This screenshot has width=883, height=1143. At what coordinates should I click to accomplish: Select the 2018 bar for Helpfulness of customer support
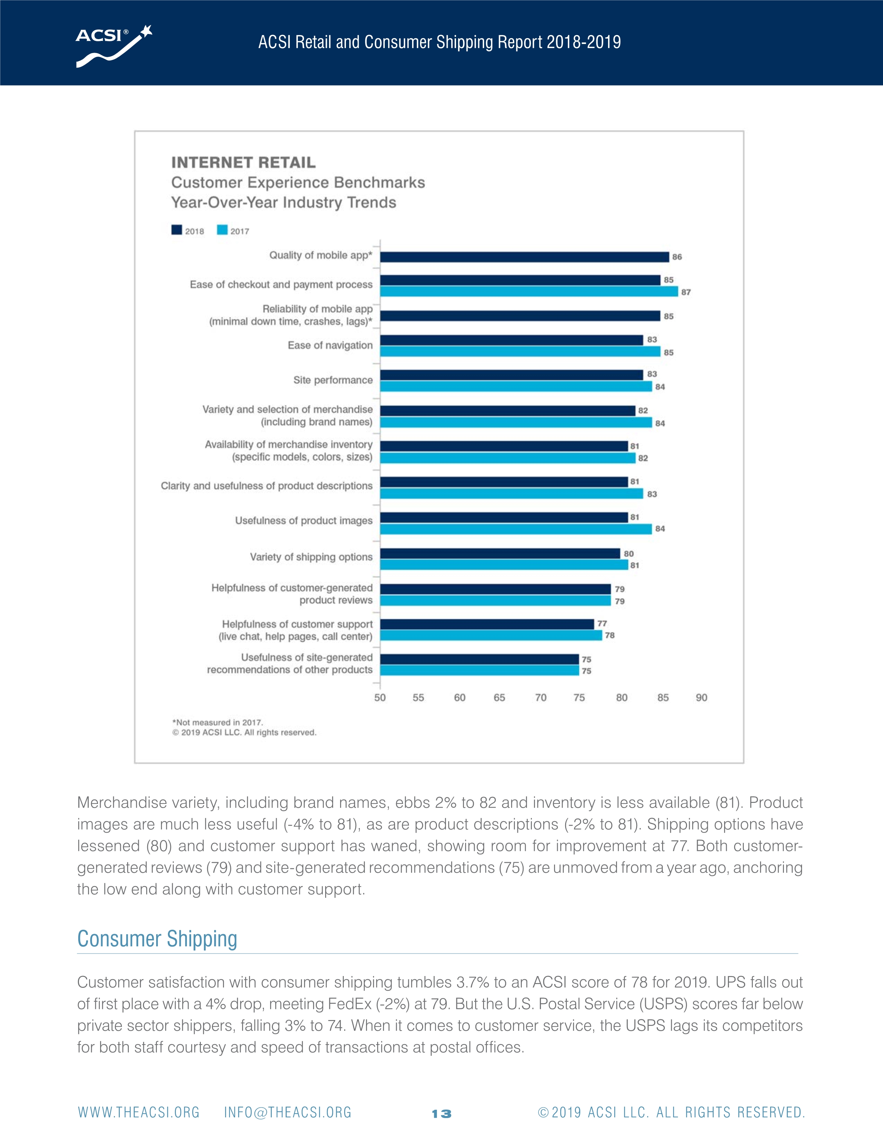coord(487,624)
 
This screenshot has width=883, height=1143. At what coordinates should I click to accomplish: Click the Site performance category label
coord(333,380)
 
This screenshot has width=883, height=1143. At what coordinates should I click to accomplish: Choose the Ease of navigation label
coord(330,345)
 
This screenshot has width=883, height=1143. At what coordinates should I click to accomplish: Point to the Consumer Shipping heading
coord(157,939)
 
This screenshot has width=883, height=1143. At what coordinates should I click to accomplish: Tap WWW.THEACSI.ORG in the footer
coord(139,1113)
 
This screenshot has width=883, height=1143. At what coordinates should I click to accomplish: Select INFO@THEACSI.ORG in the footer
coord(288,1113)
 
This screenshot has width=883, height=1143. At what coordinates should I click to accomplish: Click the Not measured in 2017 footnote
coord(217,722)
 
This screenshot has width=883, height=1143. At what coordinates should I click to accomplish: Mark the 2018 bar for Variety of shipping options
coord(500,553)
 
